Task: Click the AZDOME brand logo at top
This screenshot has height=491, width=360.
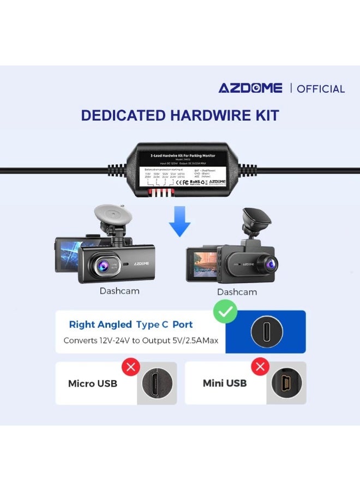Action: coord(250,88)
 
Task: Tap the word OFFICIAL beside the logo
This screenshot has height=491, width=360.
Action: coord(321,89)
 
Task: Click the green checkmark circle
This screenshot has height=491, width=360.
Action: coord(225,313)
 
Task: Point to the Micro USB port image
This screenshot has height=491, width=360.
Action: coord(156,383)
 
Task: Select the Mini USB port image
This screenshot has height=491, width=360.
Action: coord(286,383)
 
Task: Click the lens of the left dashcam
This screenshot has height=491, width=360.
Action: coord(102,266)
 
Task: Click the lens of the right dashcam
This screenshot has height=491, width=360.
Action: coord(270,265)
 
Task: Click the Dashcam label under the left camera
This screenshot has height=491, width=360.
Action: coord(119,291)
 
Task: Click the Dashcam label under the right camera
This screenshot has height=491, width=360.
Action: coord(237,292)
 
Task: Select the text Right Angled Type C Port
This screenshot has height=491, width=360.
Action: coord(131,325)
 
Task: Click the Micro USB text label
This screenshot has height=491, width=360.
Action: coord(92,384)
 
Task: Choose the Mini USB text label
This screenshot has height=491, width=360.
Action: coord(224,383)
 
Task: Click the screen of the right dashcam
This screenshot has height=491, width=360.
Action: coord(202,265)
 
